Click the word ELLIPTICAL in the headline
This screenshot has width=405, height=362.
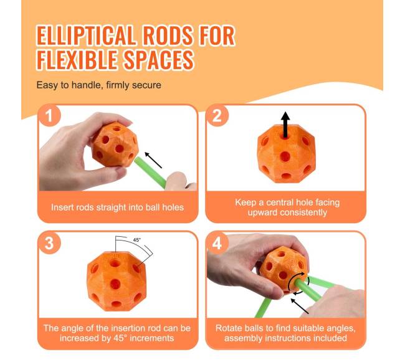click(86, 36)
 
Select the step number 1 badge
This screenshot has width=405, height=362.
click(49, 116)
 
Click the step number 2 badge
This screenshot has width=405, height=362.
click(217, 116)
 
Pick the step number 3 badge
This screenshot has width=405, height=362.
click(49, 243)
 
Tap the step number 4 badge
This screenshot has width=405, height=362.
click(217, 243)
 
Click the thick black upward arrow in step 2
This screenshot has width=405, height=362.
click(285, 125)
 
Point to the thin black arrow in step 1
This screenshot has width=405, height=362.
click(153, 160)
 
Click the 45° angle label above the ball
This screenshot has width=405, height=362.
click(137, 240)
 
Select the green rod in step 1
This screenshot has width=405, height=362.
click(150, 173)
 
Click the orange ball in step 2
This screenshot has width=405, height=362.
click(285, 154)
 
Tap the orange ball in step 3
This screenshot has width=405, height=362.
click(117, 281)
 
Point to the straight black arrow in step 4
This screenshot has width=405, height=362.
click(300, 306)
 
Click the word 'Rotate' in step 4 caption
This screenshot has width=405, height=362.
click(228, 328)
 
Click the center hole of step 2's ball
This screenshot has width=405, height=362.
click(285, 156)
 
